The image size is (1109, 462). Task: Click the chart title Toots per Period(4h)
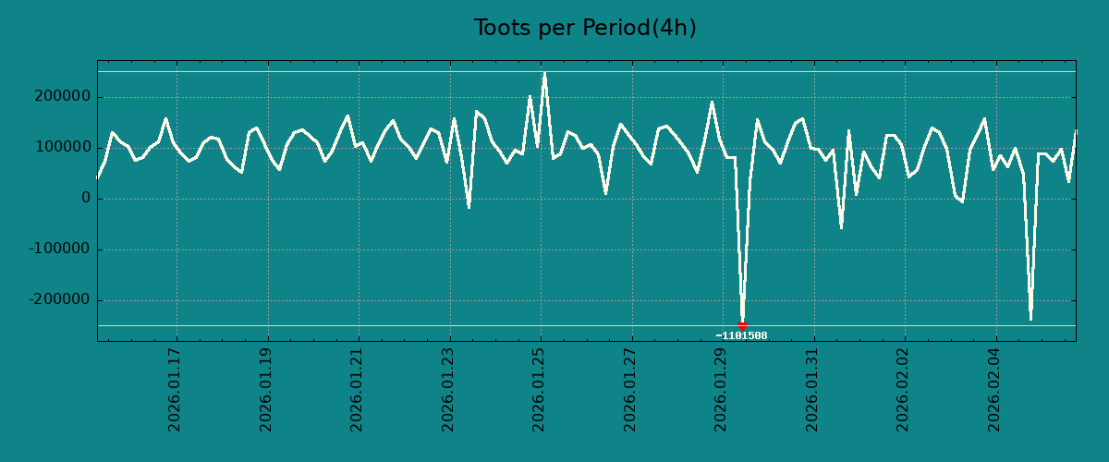[585, 29]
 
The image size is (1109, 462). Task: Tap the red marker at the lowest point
[742, 326]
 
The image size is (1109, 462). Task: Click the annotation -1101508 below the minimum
[741, 335]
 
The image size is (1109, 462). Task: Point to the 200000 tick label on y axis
[62, 97]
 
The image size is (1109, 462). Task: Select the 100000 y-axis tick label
[62, 148]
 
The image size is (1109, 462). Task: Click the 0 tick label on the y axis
[86, 199]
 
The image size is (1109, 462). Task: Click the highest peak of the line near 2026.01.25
[544, 73]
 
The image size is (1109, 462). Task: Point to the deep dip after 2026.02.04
[1030, 319]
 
